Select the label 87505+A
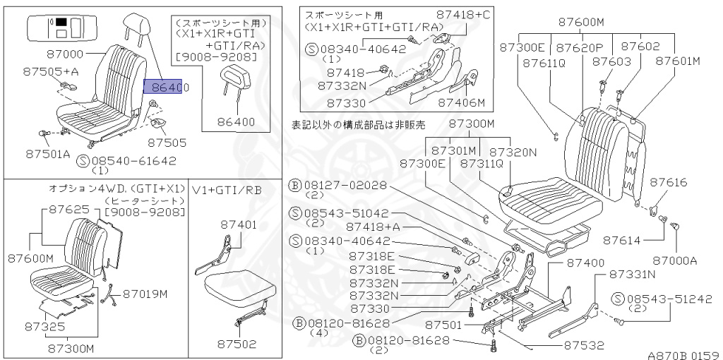click(x=50, y=71)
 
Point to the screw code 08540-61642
click(x=133, y=161)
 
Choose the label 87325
click(x=44, y=327)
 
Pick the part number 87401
click(x=238, y=225)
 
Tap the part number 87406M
click(x=461, y=102)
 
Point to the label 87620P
click(x=579, y=48)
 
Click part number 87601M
click(x=677, y=61)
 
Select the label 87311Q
click(x=483, y=164)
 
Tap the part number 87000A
click(x=674, y=260)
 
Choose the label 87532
click(x=584, y=346)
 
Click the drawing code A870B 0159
click(x=682, y=354)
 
